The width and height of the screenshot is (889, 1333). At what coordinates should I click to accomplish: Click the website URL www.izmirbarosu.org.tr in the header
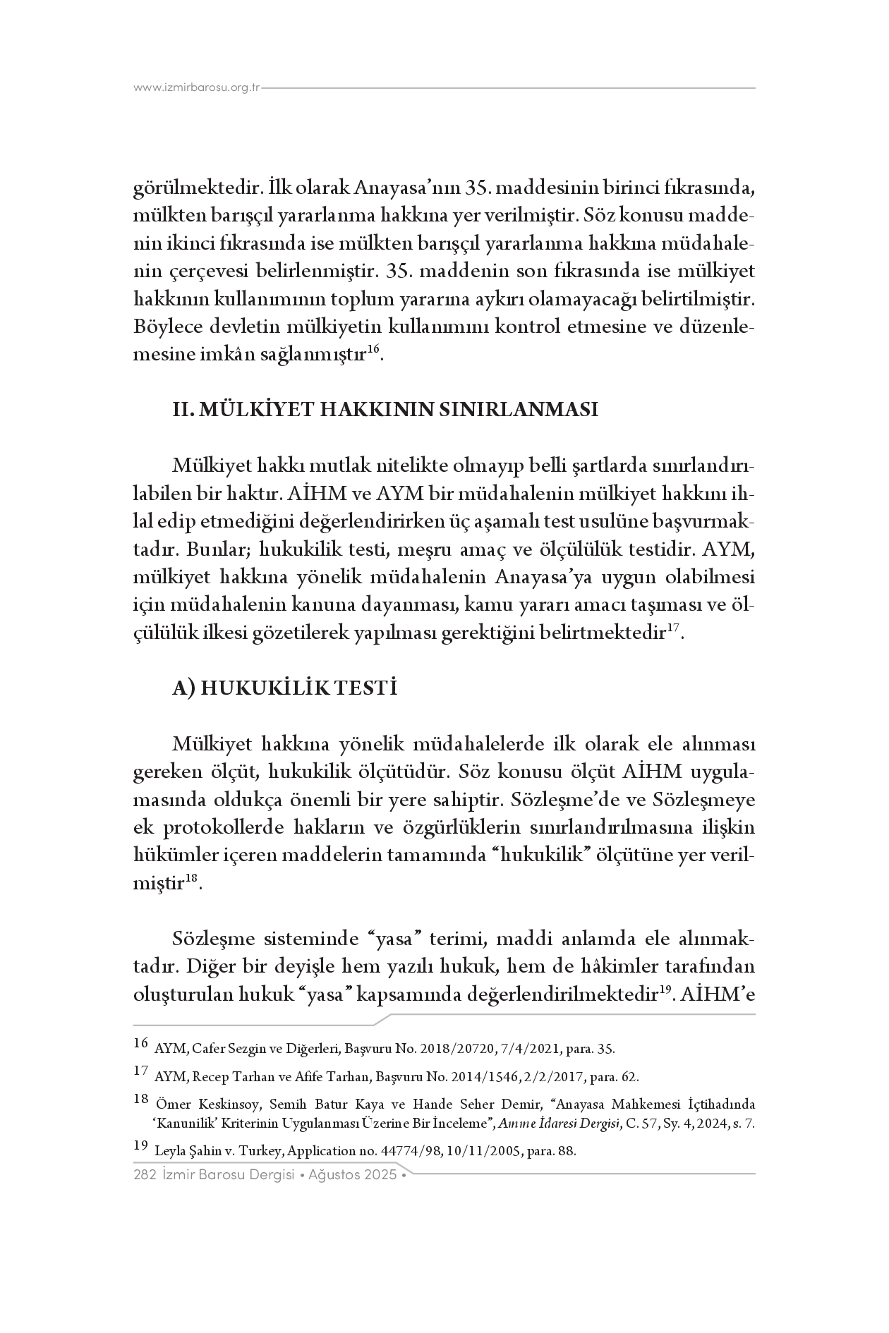click(197, 88)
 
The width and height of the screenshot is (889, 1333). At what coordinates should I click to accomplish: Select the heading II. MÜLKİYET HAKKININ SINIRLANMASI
click(385, 410)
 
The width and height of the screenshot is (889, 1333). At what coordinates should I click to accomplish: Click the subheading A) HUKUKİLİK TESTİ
click(284, 688)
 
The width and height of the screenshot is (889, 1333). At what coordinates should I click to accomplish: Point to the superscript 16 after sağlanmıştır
click(374, 350)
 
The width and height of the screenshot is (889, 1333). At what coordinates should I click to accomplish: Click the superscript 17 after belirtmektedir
click(674, 628)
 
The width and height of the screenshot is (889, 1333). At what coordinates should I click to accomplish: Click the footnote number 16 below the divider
click(140, 1043)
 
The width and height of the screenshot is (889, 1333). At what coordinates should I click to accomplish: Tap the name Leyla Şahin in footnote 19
click(188, 1151)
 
